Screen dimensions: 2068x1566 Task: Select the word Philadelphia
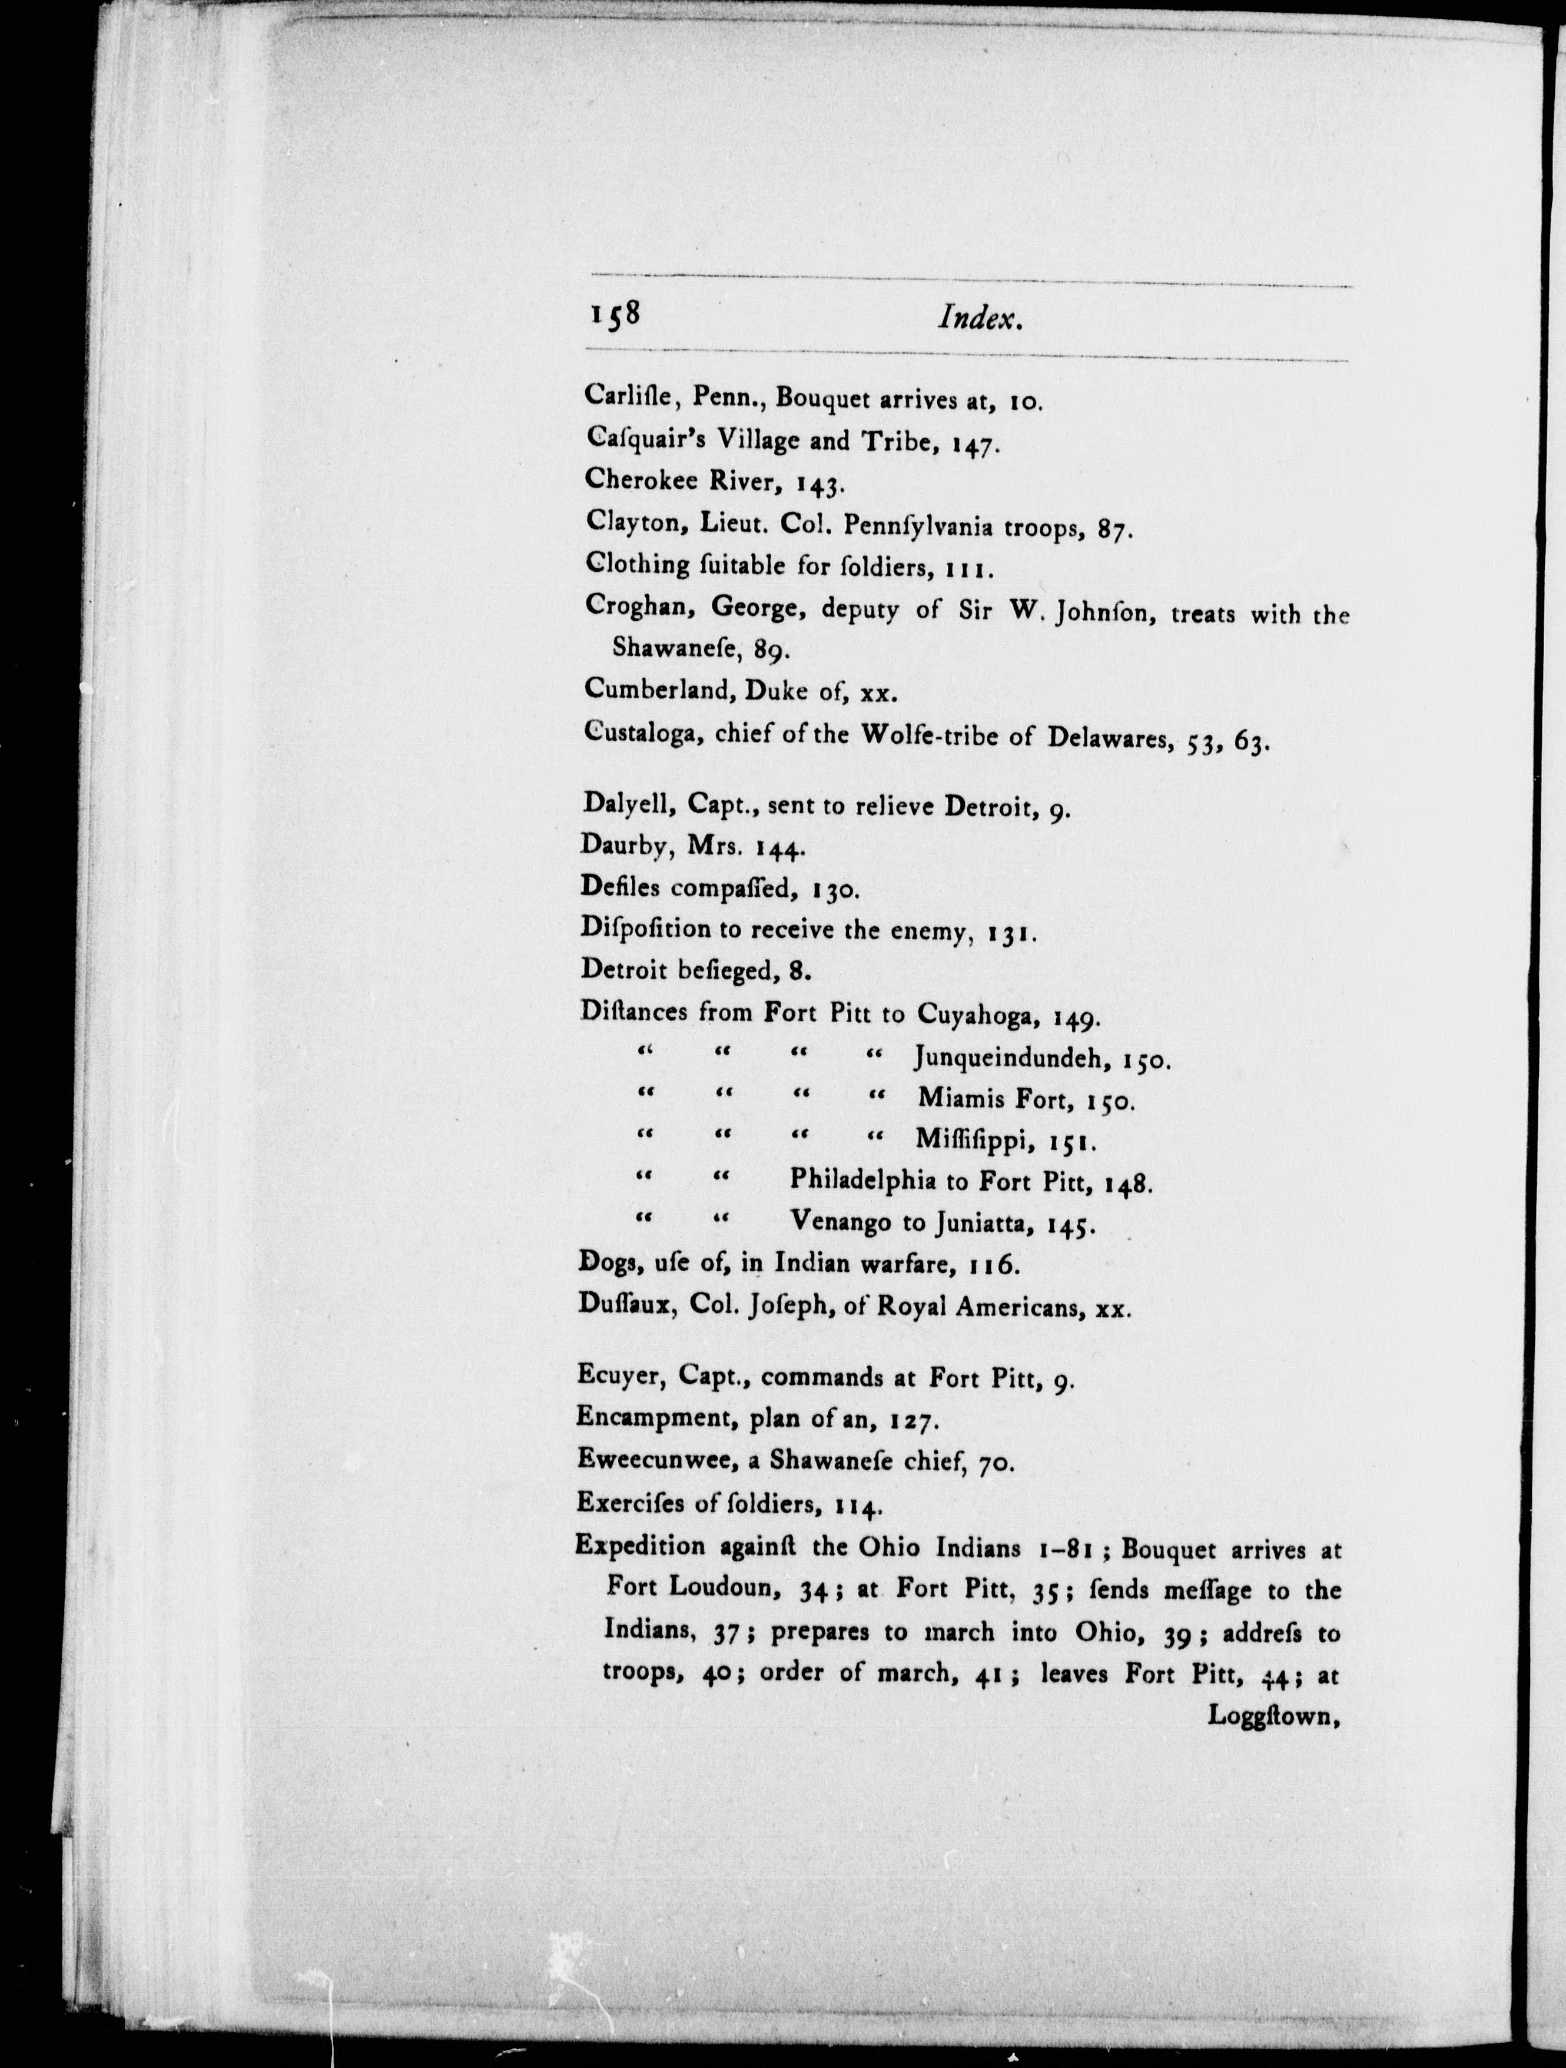(862, 1180)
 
